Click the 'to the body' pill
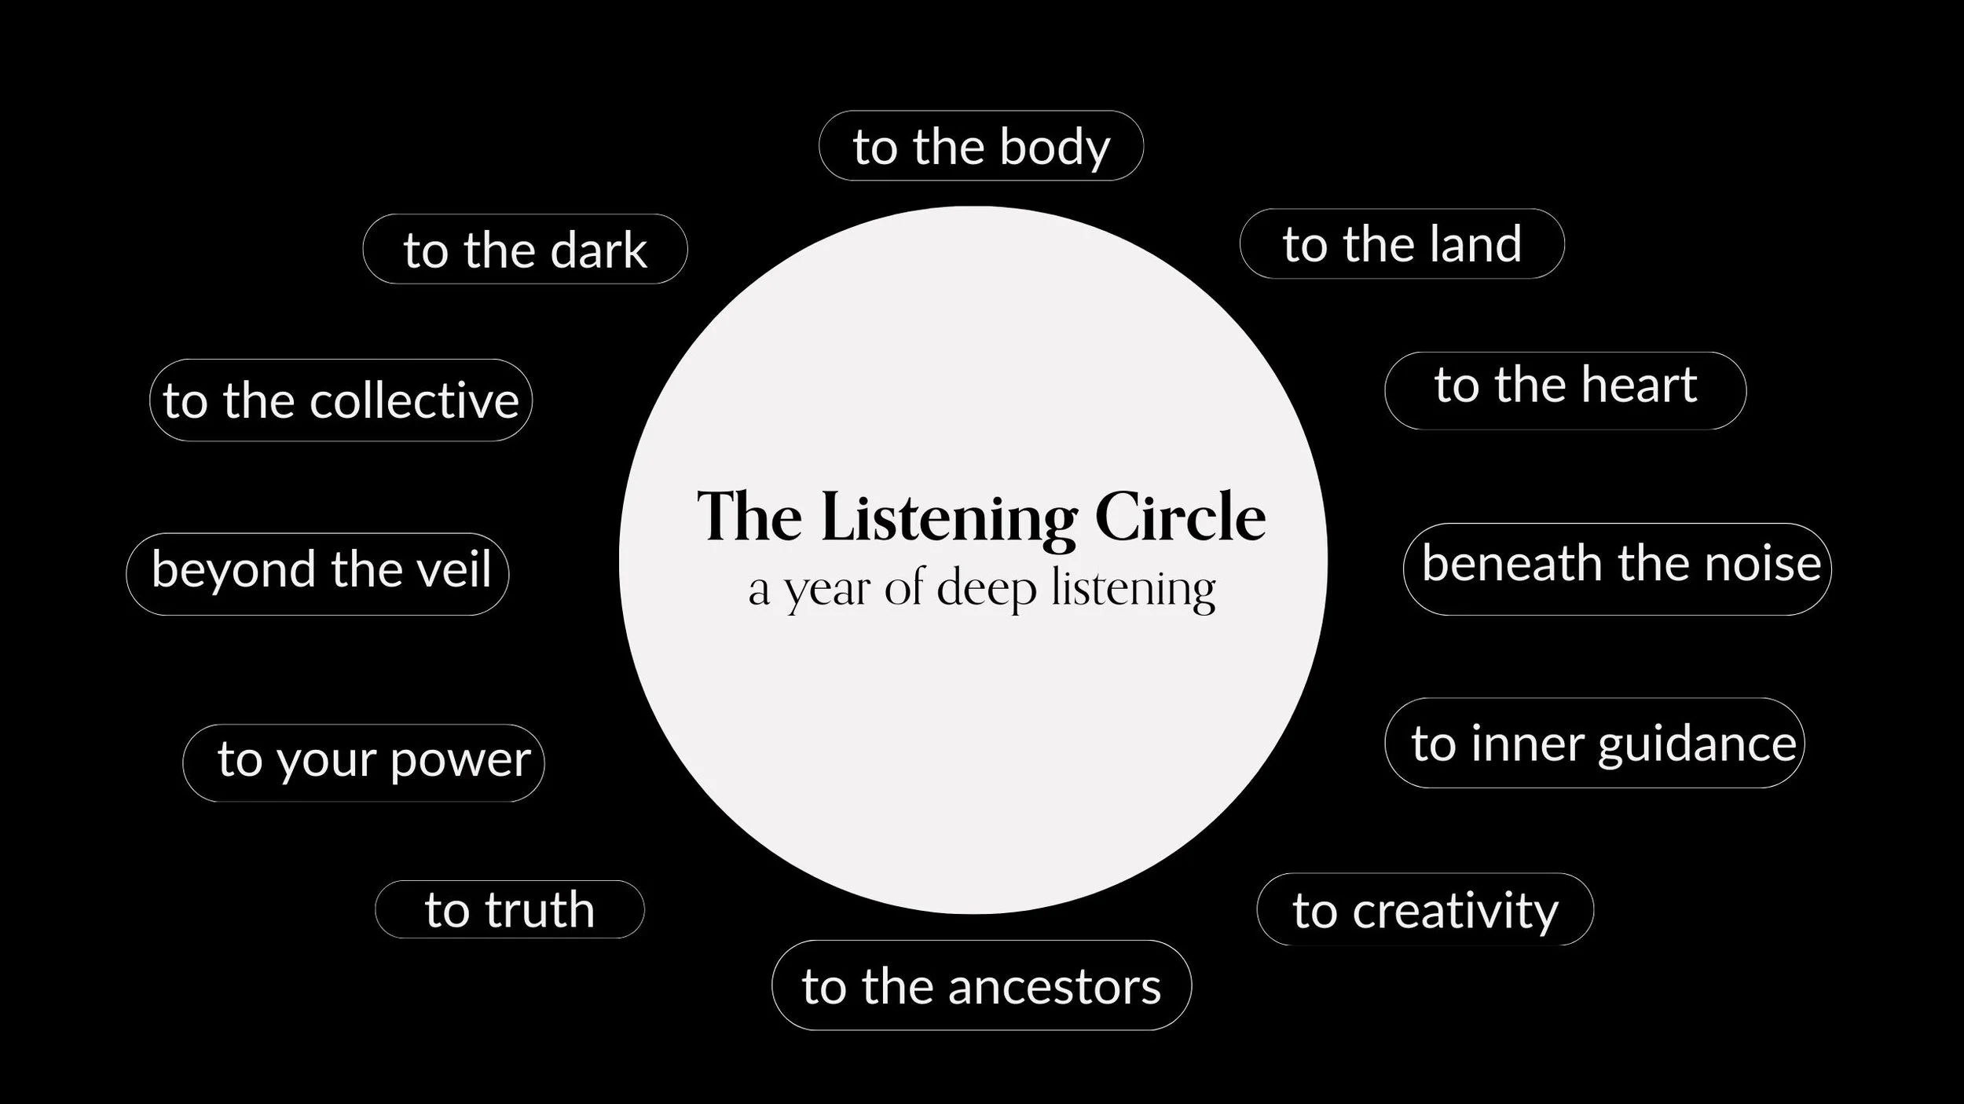pyautogui.click(x=981, y=146)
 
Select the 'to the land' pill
pyautogui.click(x=1402, y=243)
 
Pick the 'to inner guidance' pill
pyautogui.click(x=1594, y=743)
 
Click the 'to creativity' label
pyautogui.click(x=1425, y=909)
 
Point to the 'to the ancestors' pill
pyautogui.click(x=981, y=985)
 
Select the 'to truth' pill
pyautogui.click(x=510, y=909)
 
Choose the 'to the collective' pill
pyautogui.click(x=341, y=400)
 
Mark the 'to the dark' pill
pyautogui.click(x=525, y=249)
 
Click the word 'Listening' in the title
pyautogui.click(x=949, y=519)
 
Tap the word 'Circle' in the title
pyautogui.click(x=1180, y=517)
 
